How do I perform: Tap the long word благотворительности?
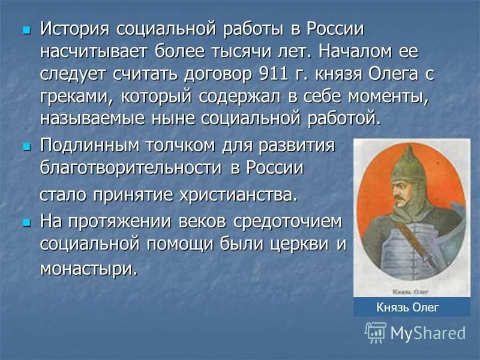131,168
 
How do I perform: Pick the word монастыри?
88,268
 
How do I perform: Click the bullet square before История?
25,29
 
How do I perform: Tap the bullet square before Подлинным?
25,146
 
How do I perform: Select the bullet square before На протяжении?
25,221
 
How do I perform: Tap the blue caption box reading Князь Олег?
412,308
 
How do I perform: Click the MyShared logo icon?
376,332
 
